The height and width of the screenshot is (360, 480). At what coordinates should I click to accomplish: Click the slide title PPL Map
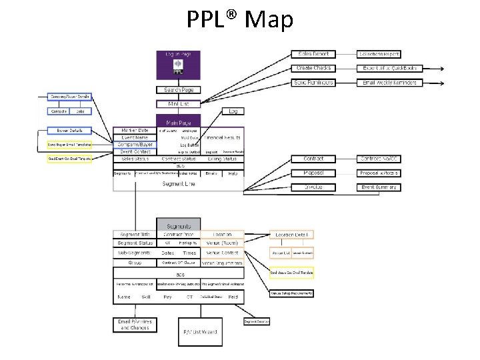tap(239, 20)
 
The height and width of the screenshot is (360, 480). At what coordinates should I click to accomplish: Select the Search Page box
tap(178, 89)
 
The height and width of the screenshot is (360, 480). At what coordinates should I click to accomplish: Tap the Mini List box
tap(178, 104)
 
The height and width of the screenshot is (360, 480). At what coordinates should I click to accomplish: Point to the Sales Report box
tap(313, 54)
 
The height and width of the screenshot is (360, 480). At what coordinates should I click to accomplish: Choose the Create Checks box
tap(313, 68)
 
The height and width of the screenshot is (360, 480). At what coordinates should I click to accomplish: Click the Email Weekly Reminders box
tap(389, 83)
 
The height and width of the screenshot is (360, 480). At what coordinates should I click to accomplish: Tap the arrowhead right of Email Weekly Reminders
tap(444, 83)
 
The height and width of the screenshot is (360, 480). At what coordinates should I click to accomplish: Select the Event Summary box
tap(379, 187)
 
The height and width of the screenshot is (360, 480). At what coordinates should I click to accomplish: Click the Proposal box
tap(313, 173)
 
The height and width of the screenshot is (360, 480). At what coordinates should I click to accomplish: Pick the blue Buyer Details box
tap(69, 131)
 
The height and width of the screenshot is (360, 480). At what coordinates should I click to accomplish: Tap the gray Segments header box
tap(178, 225)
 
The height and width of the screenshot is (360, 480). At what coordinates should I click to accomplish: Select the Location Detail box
tap(291, 235)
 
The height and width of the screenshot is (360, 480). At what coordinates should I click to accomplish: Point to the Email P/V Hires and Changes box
tap(135, 325)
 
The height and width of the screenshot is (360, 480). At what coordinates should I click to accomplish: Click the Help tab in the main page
tap(233, 173)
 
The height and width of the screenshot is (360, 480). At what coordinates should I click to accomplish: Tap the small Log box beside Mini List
tap(233, 111)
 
